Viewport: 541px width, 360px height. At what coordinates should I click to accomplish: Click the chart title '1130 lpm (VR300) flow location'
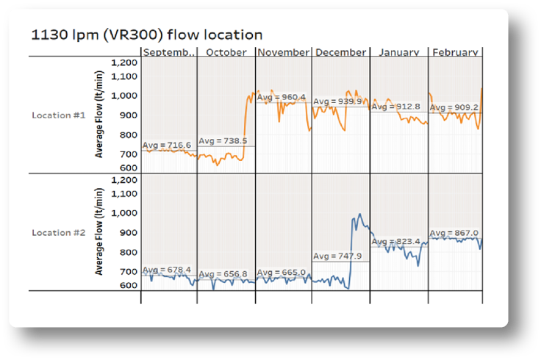click(146, 35)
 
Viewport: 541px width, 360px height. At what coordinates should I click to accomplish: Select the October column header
click(226, 52)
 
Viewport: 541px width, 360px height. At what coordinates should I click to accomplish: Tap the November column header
click(284, 52)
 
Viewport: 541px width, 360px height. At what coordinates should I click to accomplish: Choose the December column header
click(340, 52)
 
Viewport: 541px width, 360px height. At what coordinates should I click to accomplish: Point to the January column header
click(399, 52)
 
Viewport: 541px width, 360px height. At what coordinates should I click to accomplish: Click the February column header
click(455, 52)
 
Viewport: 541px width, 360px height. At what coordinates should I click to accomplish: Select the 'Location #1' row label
click(58, 115)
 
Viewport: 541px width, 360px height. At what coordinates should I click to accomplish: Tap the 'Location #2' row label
click(58, 232)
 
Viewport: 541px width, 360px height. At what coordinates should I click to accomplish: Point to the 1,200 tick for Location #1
click(123, 62)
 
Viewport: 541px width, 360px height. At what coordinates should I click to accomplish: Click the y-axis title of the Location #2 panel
click(99, 231)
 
